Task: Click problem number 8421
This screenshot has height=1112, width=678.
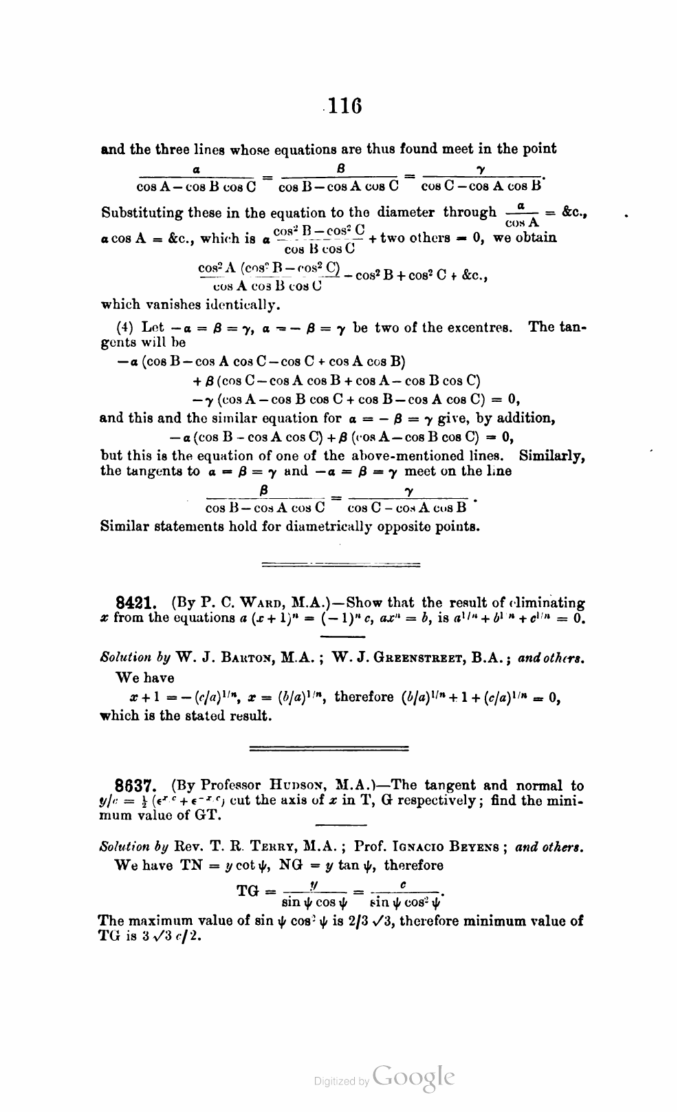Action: (x=137, y=603)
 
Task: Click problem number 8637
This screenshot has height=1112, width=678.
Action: (x=137, y=785)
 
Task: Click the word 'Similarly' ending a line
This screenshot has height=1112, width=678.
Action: (x=551, y=456)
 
